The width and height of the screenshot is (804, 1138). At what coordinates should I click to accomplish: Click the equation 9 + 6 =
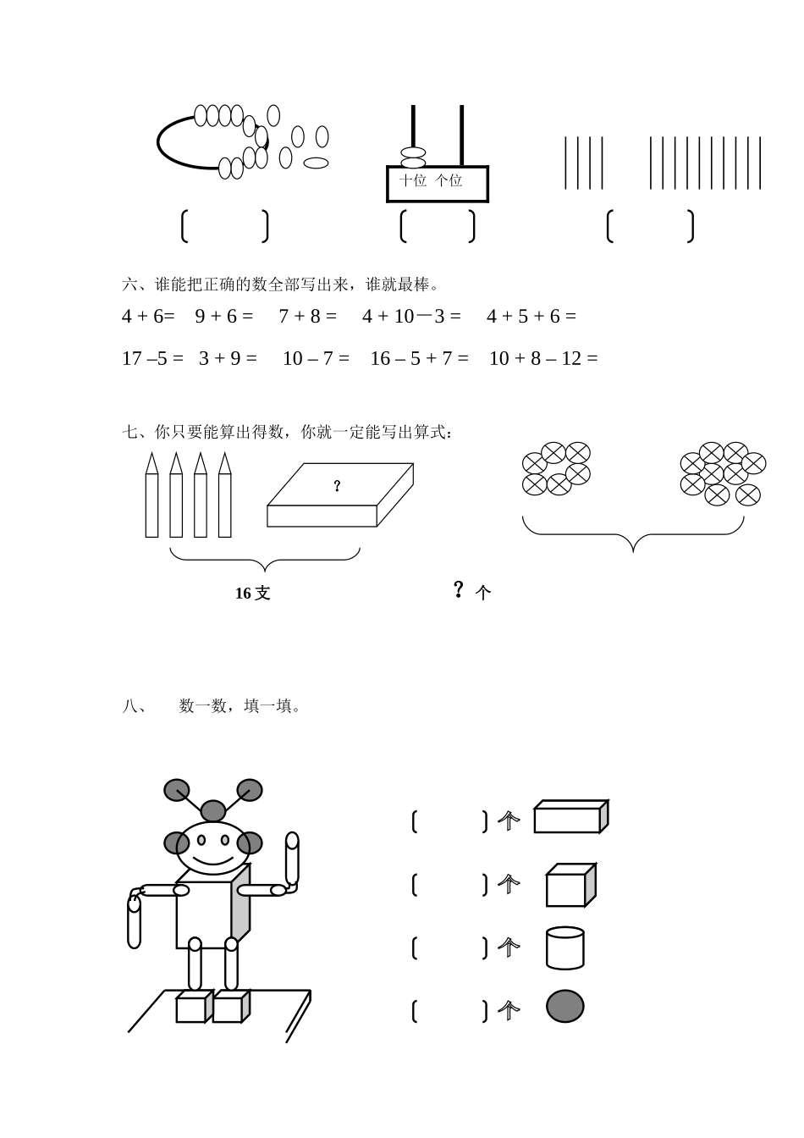coord(223,317)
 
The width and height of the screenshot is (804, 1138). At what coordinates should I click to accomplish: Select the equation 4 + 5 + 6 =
coord(531,317)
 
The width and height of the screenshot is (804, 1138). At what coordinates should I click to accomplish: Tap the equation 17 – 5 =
coord(152,359)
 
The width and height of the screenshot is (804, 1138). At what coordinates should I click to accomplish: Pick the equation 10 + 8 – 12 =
coord(543,359)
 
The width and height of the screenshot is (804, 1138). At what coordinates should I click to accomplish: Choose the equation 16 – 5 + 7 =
coord(419,359)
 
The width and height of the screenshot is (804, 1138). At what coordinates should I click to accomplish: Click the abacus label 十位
coord(413,180)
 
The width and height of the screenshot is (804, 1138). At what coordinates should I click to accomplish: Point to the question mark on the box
coord(337,486)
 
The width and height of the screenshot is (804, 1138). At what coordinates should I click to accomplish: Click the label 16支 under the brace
coord(252,594)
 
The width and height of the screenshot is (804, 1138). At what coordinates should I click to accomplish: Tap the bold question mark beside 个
coord(459,589)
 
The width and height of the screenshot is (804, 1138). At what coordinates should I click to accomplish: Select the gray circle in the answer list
coord(564,1007)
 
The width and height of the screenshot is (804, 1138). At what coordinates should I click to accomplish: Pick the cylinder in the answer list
coord(564,947)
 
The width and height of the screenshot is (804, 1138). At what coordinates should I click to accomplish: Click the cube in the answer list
coord(570,886)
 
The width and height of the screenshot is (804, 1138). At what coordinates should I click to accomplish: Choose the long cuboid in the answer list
coord(570,818)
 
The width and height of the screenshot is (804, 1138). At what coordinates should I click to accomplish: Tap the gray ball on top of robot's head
coord(213,810)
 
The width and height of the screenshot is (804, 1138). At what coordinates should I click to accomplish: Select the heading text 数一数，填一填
coord(240,706)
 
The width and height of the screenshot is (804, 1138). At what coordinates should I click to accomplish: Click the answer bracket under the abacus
coord(437,226)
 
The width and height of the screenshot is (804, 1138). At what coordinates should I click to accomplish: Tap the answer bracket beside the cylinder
coord(449,947)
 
